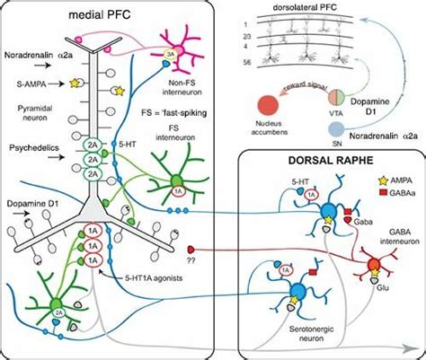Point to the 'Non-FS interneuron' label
(205, 83)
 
